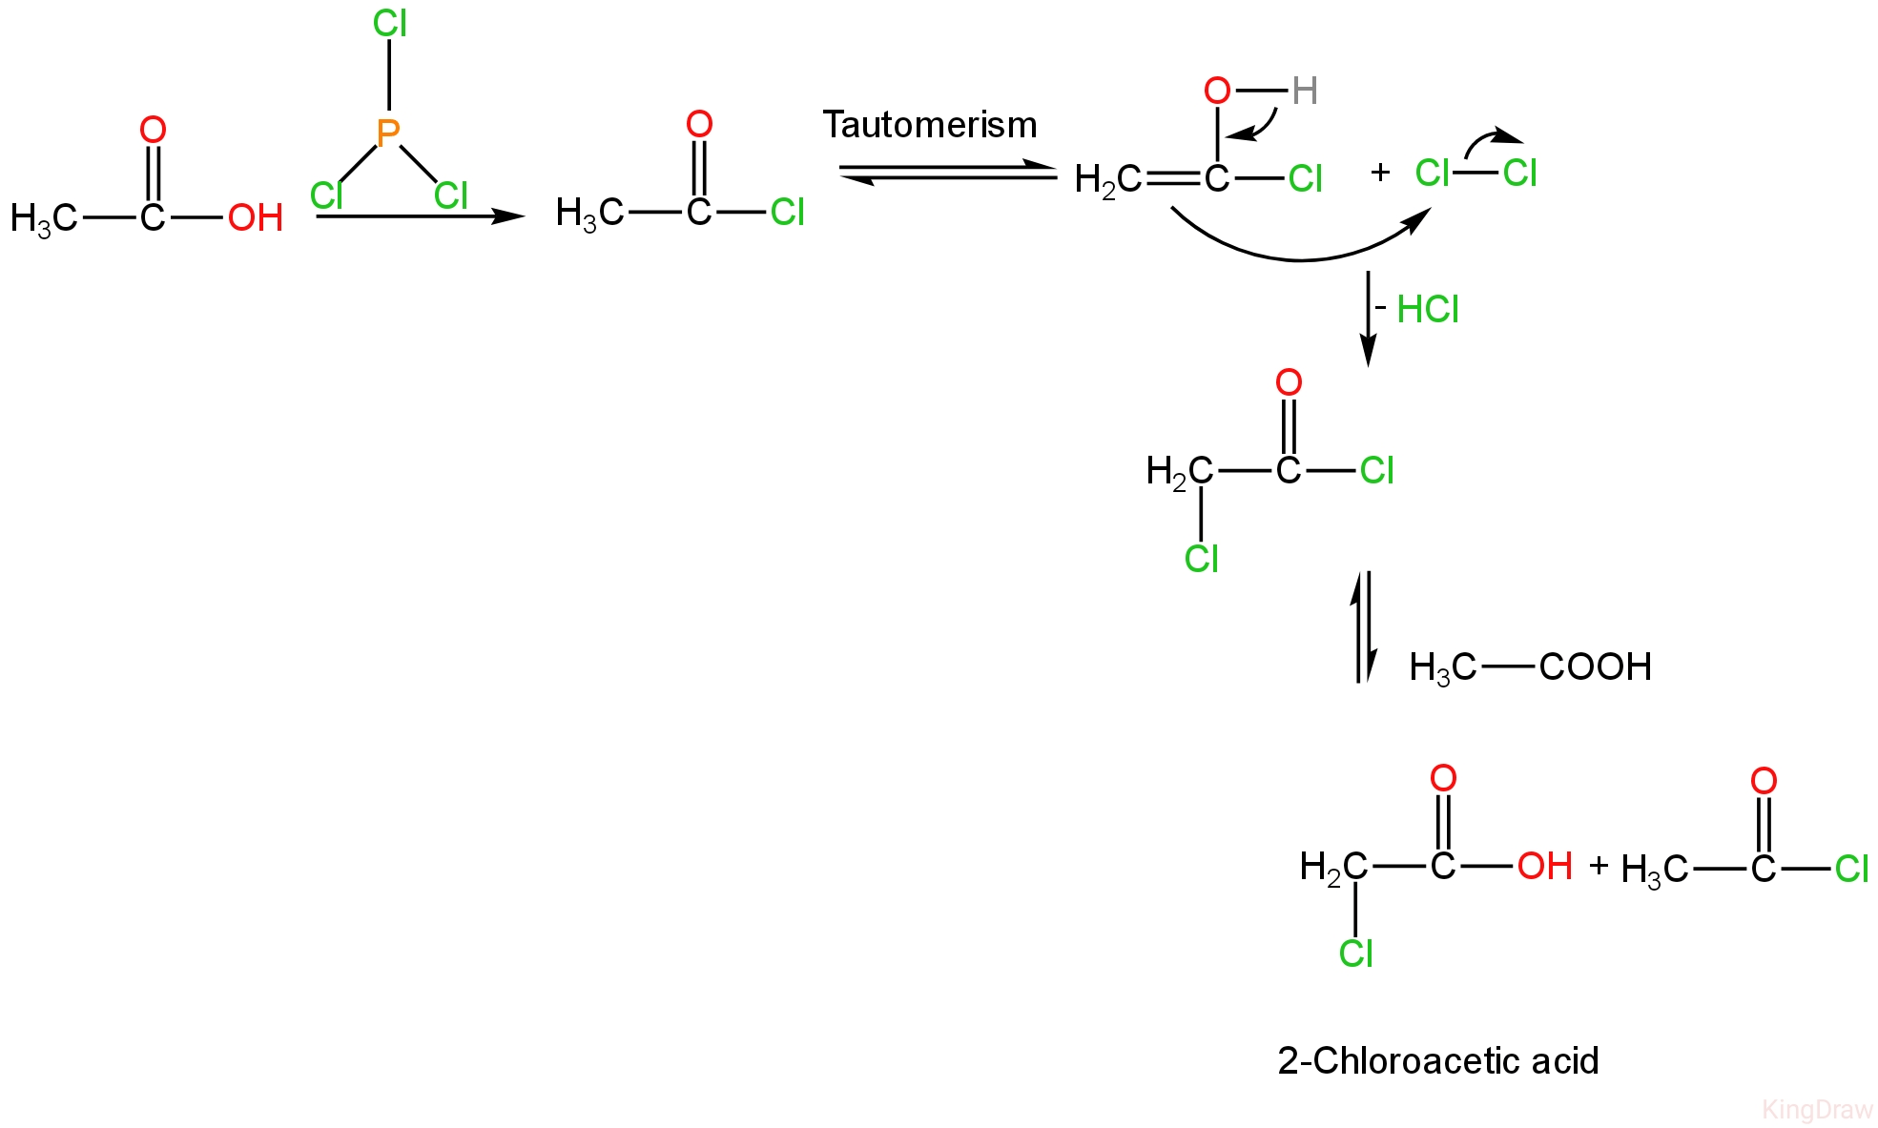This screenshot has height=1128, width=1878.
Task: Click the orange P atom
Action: point(387,133)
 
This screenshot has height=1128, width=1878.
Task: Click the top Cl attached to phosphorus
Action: point(390,24)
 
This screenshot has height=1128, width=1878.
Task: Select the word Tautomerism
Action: point(929,125)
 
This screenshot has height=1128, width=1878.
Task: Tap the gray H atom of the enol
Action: point(1305,92)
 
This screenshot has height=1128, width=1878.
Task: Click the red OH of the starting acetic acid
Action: point(255,218)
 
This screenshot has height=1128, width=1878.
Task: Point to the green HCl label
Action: point(1428,310)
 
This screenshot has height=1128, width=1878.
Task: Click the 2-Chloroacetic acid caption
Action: point(1437,1060)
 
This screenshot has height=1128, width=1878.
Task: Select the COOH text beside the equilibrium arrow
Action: point(1595,667)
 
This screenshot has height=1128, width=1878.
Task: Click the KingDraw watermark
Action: point(1817,1110)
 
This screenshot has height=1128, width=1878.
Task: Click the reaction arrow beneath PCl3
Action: point(420,216)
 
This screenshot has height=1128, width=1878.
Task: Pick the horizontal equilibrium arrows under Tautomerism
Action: point(947,174)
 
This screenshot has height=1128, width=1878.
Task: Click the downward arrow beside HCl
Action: point(1369,318)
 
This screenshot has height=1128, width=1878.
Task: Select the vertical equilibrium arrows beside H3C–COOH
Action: point(1364,627)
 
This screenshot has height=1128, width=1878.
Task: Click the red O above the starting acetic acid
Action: point(153,130)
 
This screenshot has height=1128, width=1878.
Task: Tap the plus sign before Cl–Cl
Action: point(1379,173)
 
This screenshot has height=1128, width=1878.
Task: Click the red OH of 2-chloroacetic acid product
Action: point(1544,867)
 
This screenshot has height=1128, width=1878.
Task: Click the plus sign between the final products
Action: point(1599,866)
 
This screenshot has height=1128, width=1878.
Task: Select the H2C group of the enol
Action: point(1106,179)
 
